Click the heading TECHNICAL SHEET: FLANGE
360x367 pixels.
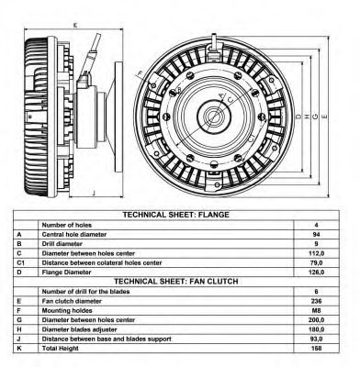(176, 215)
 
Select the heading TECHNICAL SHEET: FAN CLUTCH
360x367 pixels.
(176, 281)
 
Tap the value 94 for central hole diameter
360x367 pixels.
(316, 235)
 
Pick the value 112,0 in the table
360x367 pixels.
(316, 253)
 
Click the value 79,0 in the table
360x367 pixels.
(316, 262)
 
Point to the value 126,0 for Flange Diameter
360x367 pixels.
(316, 272)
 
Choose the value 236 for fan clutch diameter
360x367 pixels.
(316, 301)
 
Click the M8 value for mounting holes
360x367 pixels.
(316, 310)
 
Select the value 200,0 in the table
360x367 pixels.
(316, 320)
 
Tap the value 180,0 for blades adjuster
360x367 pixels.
(316, 329)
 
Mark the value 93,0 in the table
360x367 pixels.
(316, 339)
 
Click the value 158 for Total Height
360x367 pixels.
(316, 349)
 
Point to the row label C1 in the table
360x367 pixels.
(20, 262)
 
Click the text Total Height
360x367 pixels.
(61, 349)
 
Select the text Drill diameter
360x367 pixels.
(62, 244)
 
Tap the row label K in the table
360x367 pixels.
(19, 349)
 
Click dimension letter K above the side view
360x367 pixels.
(75, 26)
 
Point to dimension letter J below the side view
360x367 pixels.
(94, 193)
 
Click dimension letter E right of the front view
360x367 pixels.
(325, 117)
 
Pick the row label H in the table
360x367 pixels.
(19, 329)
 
